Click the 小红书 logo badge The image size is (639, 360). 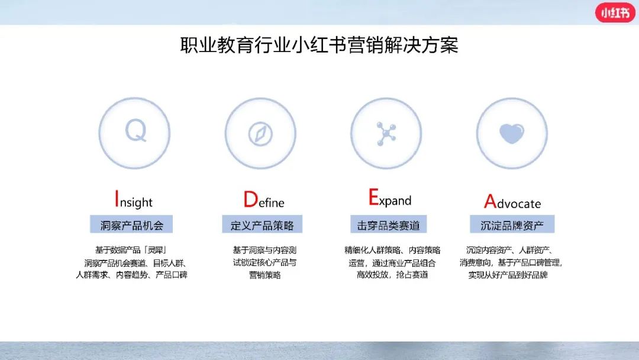pyautogui.click(x=615, y=12)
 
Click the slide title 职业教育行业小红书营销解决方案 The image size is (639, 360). pyautogui.click(x=319, y=45)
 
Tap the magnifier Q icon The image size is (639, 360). pyautogui.click(x=135, y=131)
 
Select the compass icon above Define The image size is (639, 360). pyautogui.click(x=260, y=134)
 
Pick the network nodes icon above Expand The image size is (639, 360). pyautogui.click(x=386, y=133)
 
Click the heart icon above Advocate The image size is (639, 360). pyautogui.click(x=512, y=133)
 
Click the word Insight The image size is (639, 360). pyautogui.click(x=134, y=200)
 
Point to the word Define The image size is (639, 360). pyautogui.click(x=264, y=200)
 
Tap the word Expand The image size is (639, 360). pyautogui.click(x=389, y=197)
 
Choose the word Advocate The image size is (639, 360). pyautogui.click(x=512, y=201)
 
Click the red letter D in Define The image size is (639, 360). pyautogui.click(x=251, y=200)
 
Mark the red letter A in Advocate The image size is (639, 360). pyautogui.click(x=490, y=201)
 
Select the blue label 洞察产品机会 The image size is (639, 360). pyautogui.click(x=131, y=224)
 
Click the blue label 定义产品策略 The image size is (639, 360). pyautogui.click(x=262, y=224)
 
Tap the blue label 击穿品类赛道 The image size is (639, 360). pyautogui.click(x=388, y=224)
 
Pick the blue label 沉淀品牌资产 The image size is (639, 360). pyautogui.click(x=512, y=224)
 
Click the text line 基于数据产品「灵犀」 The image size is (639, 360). pyautogui.click(x=131, y=250)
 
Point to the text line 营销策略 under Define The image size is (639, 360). pyautogui.click(x=265, y=275)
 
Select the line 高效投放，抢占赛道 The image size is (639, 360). pyautogui.click(x=392, y=275)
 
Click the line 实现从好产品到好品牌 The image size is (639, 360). pyautogui.click(x=508, y=275)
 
